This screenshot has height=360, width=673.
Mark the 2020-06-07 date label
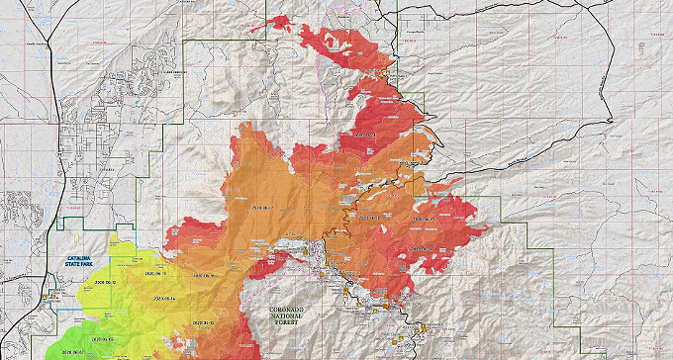74,350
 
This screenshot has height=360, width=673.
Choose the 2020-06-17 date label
265,208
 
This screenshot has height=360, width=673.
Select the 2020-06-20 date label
424,216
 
